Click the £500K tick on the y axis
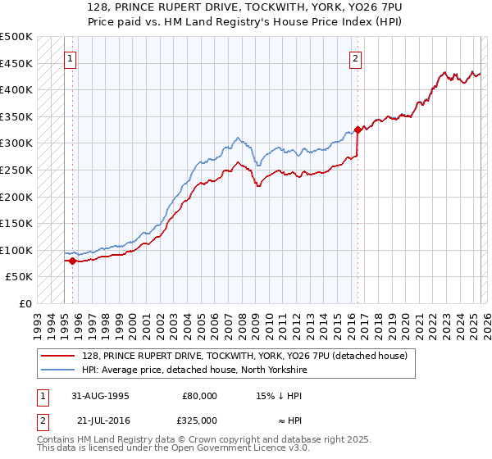(x=16, y=37)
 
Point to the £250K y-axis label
(x=16, y=170)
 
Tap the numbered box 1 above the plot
(x=71, y=58)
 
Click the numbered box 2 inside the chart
(x=356, y=58)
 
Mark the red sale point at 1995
(x=72, y=261)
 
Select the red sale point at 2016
(x=358, y=130)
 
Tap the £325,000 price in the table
(x=200, y=420)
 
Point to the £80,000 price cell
(x=200, y=396)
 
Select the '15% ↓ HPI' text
(x=279, y=396)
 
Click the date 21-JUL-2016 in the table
(x=101, y=420)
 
